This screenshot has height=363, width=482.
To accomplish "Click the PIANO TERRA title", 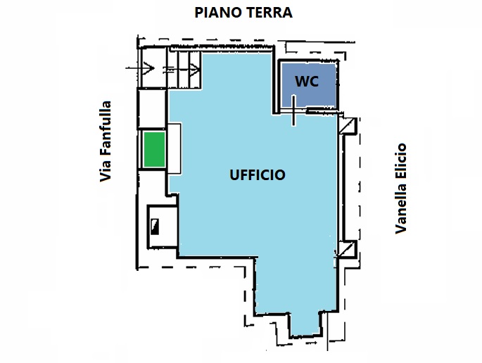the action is pos(243,13).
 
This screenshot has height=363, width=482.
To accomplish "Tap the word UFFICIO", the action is pos(258,175).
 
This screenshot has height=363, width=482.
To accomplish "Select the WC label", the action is pos(307,82).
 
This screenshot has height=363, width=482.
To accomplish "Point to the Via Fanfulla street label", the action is pos(105,141).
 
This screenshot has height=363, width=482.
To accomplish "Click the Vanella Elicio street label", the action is pos(400,189).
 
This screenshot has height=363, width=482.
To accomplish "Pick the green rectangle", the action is pos(155,149).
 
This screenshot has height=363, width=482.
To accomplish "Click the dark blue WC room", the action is pos(309,85).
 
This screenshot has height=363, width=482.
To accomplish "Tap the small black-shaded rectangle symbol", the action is pos(155,227).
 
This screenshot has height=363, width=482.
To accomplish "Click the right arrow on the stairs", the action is pos(182,70).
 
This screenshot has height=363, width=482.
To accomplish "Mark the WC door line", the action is pos(293,110).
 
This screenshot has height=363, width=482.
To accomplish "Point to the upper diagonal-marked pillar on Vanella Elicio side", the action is pos(348,126).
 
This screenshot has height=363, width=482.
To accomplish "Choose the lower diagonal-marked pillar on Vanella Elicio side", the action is pos(347,249).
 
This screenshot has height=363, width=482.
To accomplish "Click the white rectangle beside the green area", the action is pos(174,148).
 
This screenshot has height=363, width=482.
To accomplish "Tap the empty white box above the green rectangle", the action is pos(152,108).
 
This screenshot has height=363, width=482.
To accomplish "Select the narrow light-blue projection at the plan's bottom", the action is pos(305,324).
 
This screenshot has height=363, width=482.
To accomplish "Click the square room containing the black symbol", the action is pos(163,227).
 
